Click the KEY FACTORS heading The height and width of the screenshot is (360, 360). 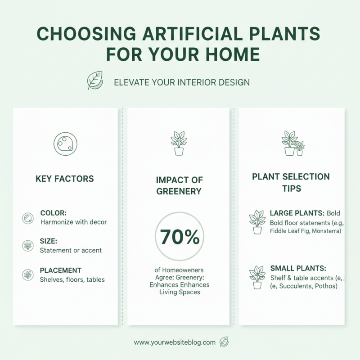tap(65, 179)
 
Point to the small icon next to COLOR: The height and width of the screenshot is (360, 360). tap(28, 219)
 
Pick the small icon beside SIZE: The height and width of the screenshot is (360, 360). tap(28, 246)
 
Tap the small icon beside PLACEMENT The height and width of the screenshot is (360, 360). tap(28, 274)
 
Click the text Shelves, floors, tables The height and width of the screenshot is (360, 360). tap(72, 280)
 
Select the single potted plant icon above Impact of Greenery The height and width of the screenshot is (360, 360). tap(179, 143)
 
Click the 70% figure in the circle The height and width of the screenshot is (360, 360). tap(180, 238)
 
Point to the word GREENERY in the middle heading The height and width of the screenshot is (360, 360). tap(180, 191)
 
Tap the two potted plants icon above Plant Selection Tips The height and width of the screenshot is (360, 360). tap(292, 143)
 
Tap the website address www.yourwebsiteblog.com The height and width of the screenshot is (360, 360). tap(175, 342)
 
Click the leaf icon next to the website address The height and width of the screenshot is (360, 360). tap(224, 342)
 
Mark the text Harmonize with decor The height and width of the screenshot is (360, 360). tap(74, 222)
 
